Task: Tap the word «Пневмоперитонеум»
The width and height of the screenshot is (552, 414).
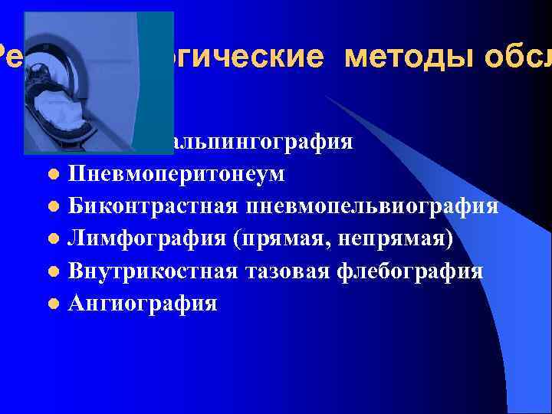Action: coord(176,174)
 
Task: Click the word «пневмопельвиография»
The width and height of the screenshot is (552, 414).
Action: coord(373,206)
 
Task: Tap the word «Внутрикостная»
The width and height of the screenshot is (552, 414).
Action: coord(153,271)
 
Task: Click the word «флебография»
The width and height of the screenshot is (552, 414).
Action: coord(412,271)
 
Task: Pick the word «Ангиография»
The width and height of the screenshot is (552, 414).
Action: coord(143,304)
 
